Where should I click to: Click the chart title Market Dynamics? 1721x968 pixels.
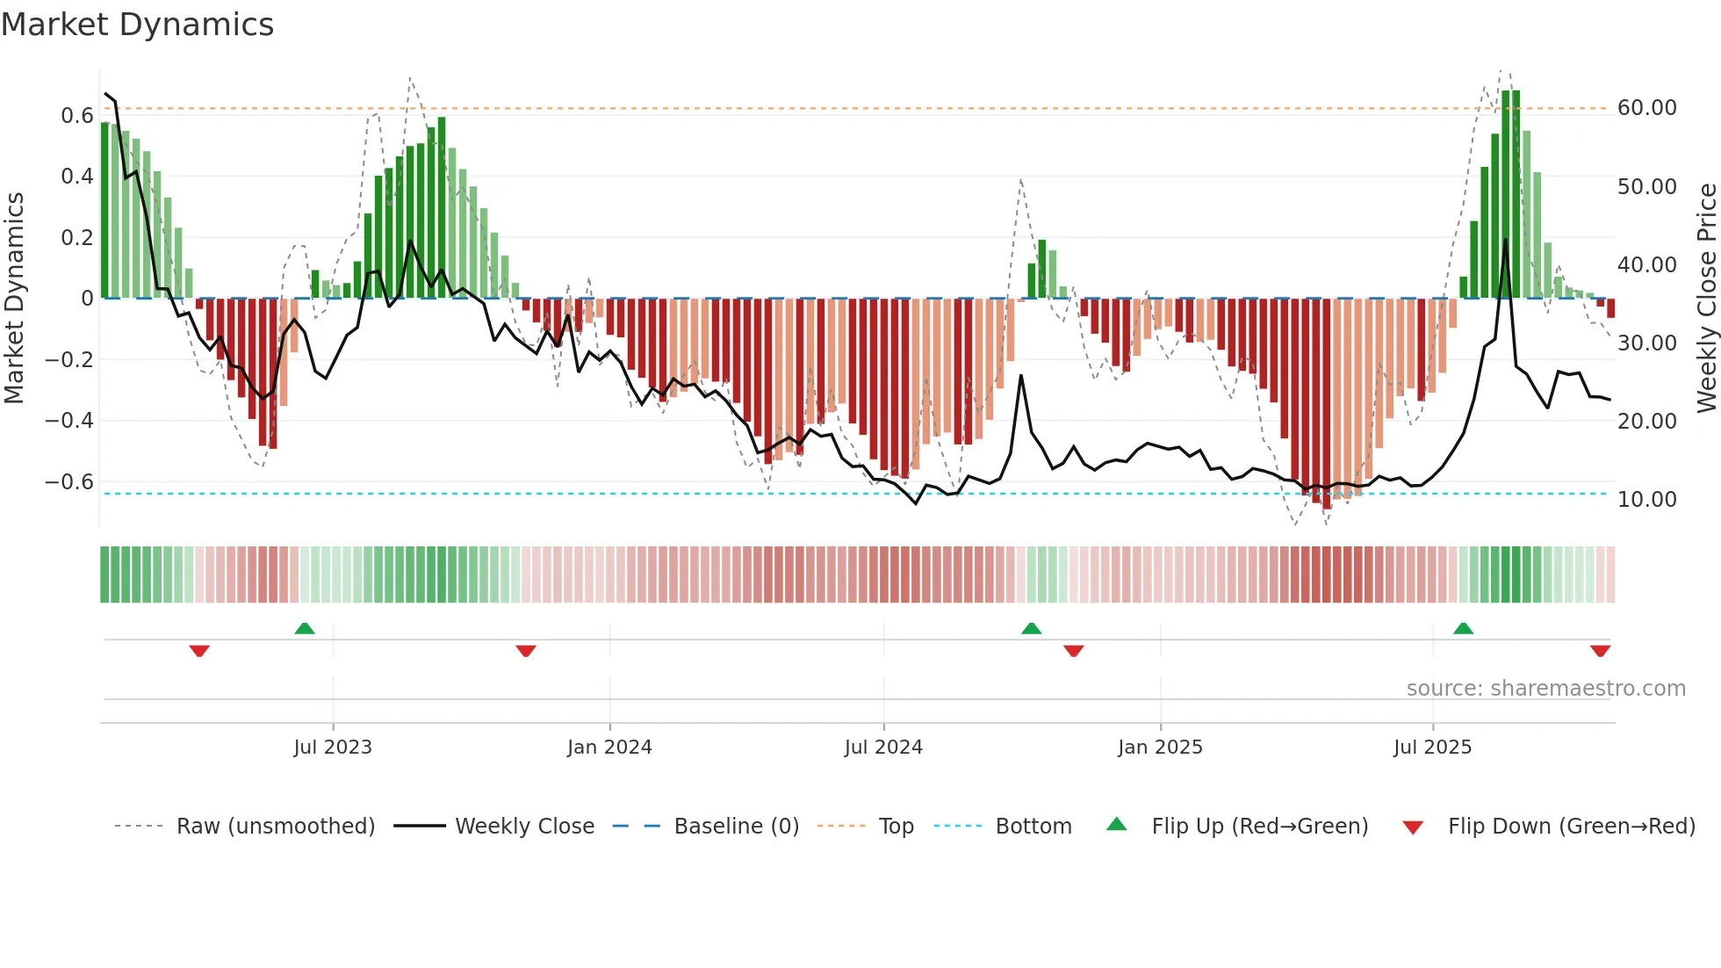click(137, 25)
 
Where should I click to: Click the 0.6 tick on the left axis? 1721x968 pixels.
click(76, 115)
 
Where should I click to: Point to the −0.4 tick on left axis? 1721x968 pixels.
click(69, 421)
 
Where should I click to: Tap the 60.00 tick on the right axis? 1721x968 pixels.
click(1646, 108)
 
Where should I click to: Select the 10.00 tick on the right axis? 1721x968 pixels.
click(1646, 500)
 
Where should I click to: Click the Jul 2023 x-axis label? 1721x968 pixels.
click(333, 748)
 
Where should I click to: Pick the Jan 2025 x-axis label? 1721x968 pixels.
click(1160, 748)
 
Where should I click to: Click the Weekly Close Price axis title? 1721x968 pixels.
click(1706, 298)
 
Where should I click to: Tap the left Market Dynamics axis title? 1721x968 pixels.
click(14, 298)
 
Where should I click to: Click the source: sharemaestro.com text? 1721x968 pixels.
click(1545, 689)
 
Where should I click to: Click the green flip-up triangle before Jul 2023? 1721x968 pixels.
click(305, 629)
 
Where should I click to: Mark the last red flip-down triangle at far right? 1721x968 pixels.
click(1600, 651)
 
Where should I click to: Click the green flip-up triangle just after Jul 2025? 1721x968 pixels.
click(1463, 629)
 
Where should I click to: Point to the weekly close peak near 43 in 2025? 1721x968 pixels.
click(1505, 240)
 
